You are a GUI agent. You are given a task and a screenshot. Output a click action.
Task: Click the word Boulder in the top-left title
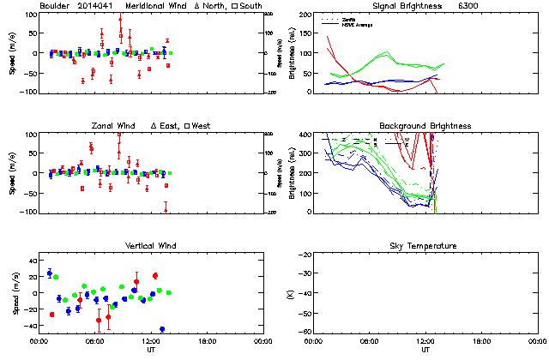tap(54, 6)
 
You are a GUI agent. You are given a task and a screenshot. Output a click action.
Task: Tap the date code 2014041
tap(97, 6)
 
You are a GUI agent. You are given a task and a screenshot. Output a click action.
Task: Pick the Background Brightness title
tap(425, 126)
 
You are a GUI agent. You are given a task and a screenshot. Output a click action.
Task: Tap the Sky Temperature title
tap(425, 246)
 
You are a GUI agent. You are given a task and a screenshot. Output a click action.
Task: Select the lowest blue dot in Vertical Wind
tap(162, 329)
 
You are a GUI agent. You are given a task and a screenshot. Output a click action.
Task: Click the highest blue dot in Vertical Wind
tap(50, 273)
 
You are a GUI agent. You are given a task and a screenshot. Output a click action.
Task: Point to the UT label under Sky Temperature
tap(425, 350)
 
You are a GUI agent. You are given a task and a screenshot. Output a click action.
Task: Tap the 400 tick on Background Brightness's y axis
tap(305, 135)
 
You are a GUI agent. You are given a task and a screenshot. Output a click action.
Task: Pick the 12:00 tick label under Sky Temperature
tap(425, 341)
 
